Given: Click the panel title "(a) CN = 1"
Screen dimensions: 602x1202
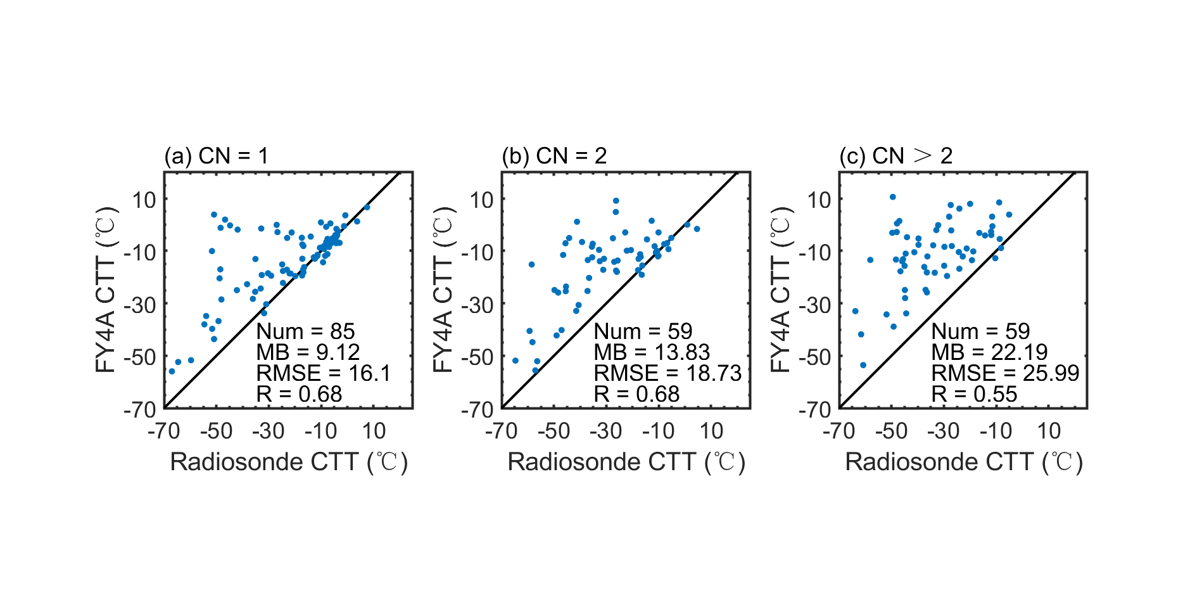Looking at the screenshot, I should (216, 156).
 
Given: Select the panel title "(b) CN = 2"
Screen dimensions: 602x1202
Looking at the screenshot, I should (554, 156).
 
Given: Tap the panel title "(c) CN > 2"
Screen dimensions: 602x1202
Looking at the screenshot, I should (895, 156).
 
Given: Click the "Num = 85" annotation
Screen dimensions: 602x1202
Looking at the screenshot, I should (305, 331).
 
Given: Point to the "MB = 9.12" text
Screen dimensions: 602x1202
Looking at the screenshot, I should (308, 352).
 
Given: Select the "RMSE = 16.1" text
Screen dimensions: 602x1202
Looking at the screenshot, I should (323, 373).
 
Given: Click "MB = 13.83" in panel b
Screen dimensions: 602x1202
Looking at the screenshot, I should (652, 352).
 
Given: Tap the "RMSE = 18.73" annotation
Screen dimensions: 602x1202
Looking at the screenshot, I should (667, 373).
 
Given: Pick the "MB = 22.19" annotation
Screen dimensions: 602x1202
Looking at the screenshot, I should (989, 352).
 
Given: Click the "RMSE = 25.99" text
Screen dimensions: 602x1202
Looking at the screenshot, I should (1005, 373).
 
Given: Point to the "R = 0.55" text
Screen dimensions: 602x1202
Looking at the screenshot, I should (974, 394).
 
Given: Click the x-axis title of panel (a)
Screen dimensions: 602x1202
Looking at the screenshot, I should (289, 462).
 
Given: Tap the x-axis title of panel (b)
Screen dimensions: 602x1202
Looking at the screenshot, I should (626, 462).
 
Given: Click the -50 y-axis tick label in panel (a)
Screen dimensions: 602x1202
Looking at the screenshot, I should (139, 357).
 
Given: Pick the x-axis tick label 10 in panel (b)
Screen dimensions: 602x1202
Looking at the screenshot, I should (711, 432).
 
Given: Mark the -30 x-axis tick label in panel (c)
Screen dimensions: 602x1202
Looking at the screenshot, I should (944, 432).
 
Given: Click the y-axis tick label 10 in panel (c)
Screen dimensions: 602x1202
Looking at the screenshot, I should (819, 200).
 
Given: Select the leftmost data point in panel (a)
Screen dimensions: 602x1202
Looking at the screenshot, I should (172, 371).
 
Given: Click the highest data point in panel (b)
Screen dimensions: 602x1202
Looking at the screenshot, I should (616, 201).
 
